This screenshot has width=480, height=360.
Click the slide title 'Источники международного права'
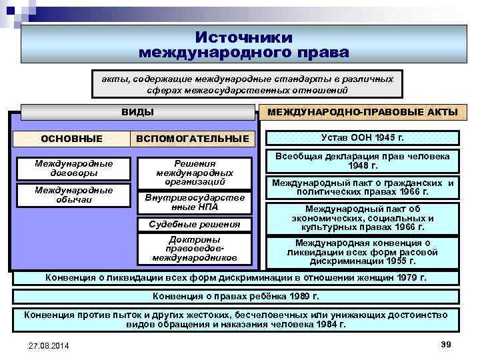[x=243, y=45]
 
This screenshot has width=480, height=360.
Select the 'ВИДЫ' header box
[x=138, y=112]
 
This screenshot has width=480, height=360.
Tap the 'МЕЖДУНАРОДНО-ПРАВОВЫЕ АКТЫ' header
[x=363, y=112]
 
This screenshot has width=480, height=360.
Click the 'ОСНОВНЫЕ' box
[x=72, y=139]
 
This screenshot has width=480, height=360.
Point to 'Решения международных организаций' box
[x=195, y=172]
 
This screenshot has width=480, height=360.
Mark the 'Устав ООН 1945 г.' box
[x=363, y=138]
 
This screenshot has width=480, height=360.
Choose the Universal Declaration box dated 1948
[x=363, y=161]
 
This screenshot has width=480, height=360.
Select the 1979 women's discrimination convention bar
[x=235, y=277]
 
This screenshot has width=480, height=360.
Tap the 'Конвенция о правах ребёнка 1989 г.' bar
[x=235, y=296]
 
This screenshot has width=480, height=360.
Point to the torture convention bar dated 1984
[x=235, y=319]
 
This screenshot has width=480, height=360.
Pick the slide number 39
[x=446, y=343]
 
